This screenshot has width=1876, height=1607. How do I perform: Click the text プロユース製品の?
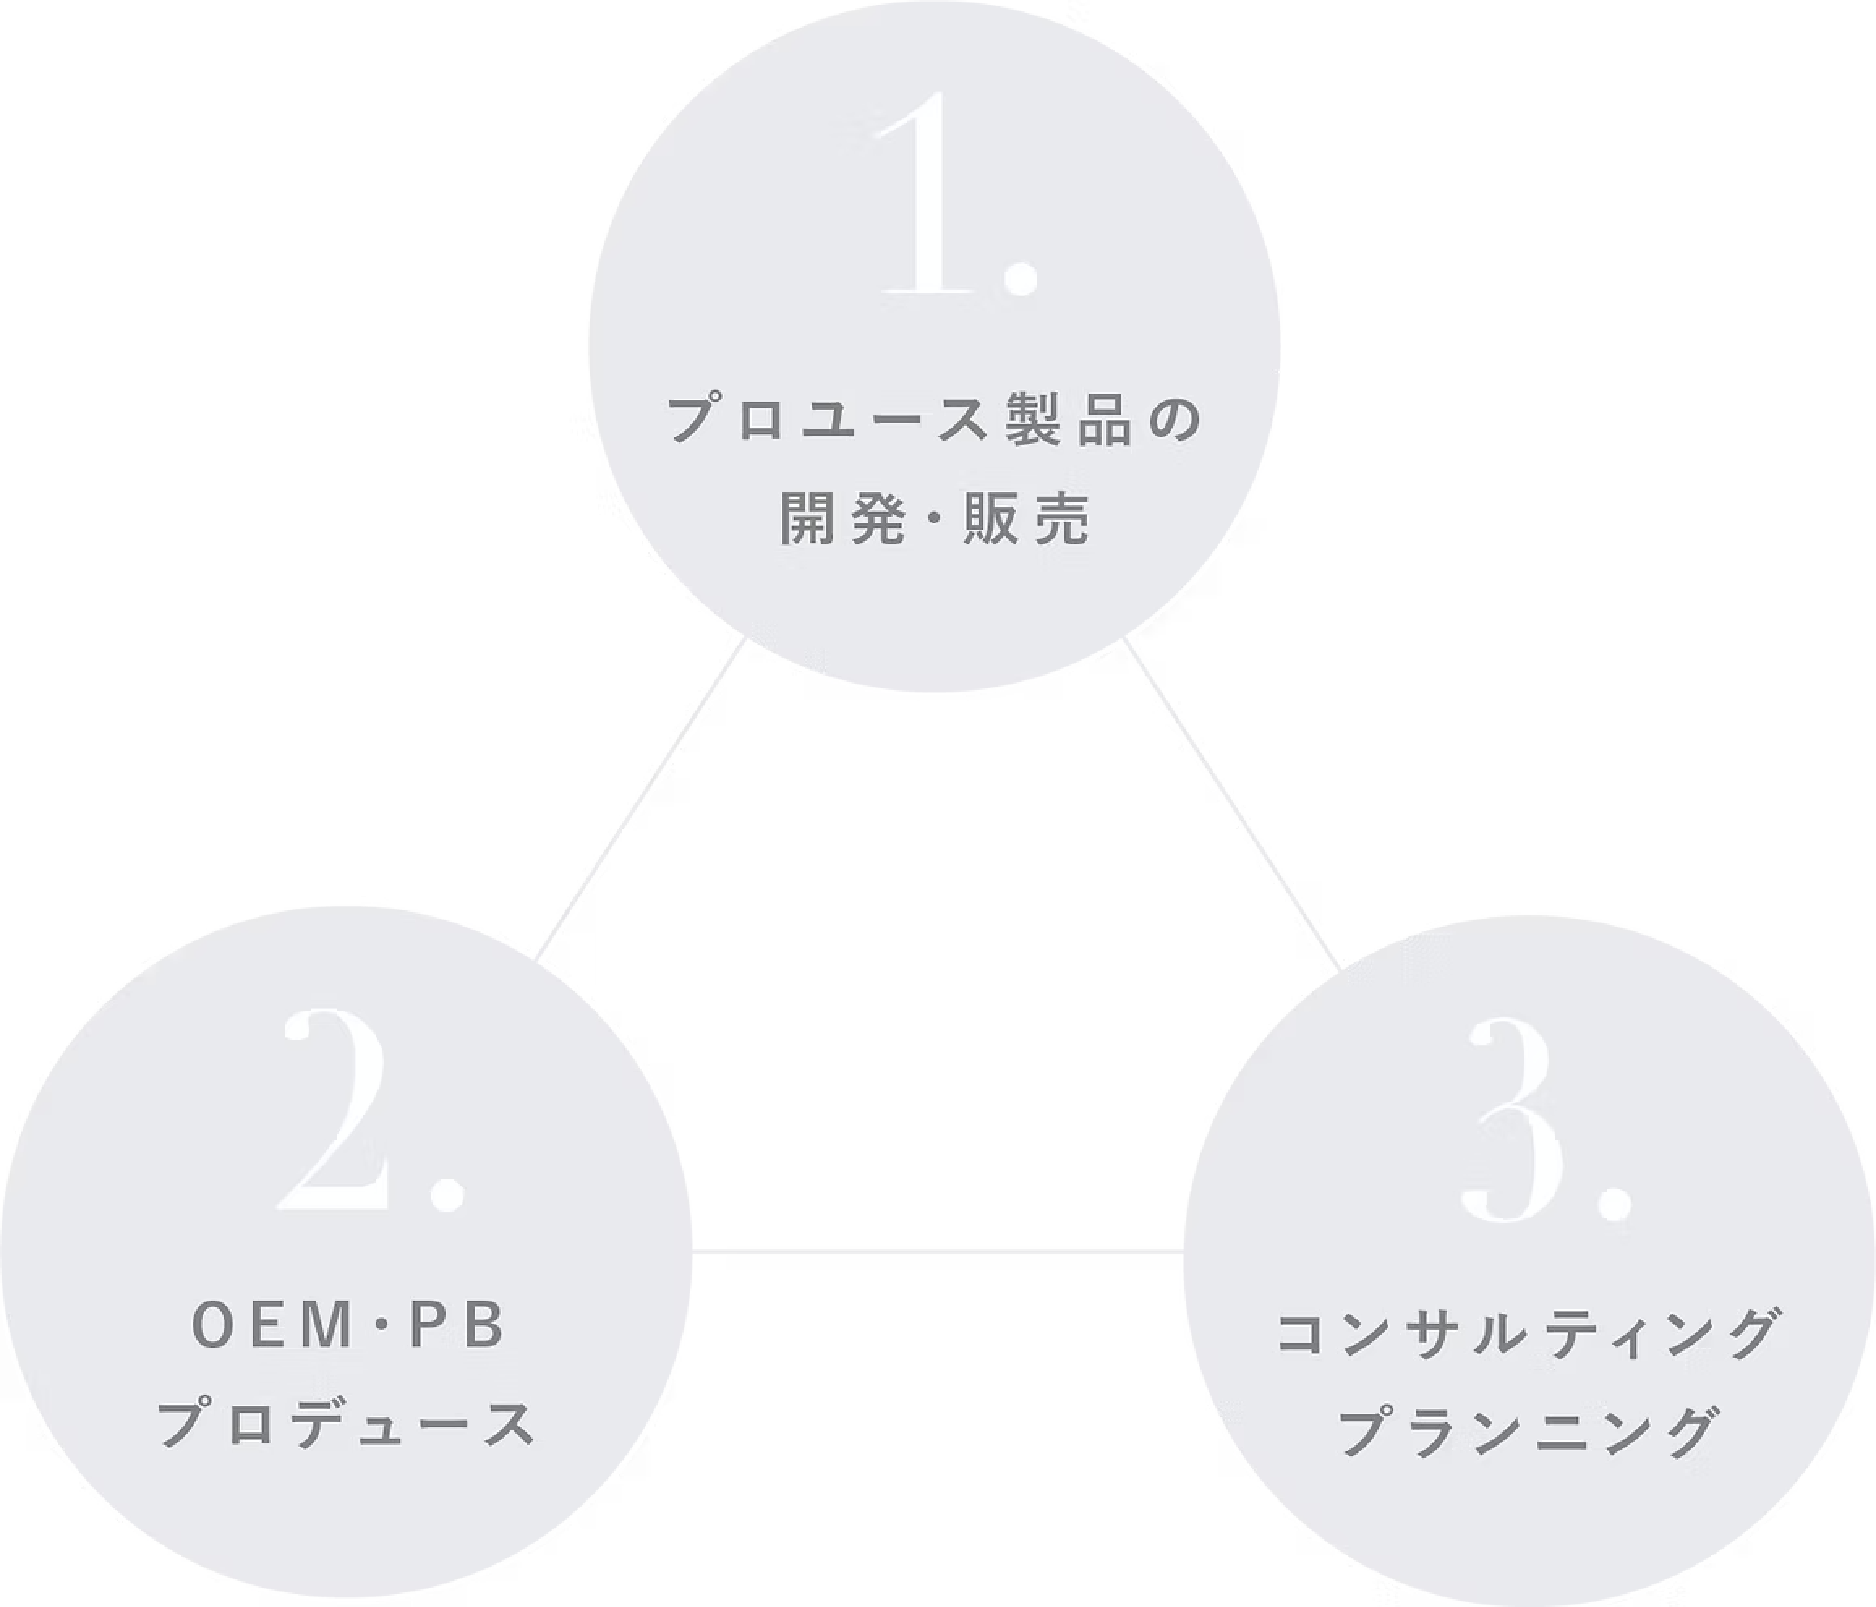pyautogui.click(x=936, y=420)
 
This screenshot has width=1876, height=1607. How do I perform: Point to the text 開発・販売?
pyautogui.click(x=936, y=520)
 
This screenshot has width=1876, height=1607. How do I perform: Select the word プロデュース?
pyautogui.click(x=347, y=1422)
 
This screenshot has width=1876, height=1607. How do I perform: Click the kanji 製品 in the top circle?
pyautogui.click(x=1069, y=420)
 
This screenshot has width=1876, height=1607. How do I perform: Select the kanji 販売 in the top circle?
pyautogui.click(x=1028, y=520)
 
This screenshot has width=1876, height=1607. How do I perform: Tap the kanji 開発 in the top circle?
pyautogui.click(x=842, y=520)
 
